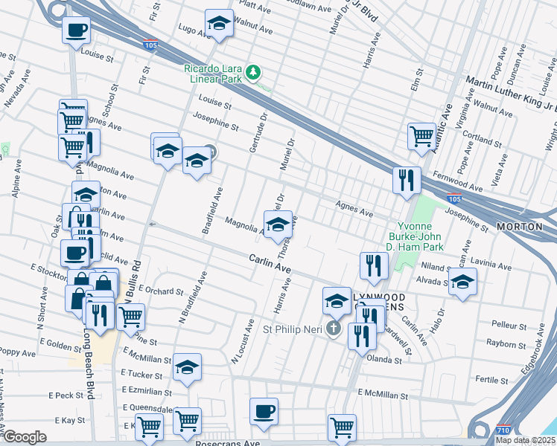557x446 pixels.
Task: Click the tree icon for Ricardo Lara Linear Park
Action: pyautogui.click(x=255, y=72)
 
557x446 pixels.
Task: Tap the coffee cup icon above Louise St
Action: pyautogui.click(x=77, y=30)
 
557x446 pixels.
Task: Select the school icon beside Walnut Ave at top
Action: pyautogui.click(x=218, y=25)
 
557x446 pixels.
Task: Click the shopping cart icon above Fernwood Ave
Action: pyautogui.click(x=421, y=136)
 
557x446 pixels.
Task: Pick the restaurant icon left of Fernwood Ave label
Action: pyautogui.click(x=407, y=179)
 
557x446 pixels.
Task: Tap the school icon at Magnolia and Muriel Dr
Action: pyautogui.click(x=278, y=224)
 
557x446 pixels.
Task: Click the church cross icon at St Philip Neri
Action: pyautogui.click(x=334, y=328)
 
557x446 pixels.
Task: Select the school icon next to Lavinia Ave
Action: pyautogui.click(x=462, y=281)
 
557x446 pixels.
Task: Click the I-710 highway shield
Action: pyautogui.click(x=503, y=430)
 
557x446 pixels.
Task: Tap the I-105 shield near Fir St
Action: pyautogui.click(x=150, y=44)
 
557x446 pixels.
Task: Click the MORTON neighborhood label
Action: pyautogui.click(x=519, y=226)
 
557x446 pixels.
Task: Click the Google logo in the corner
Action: pyautogui.click(x=25, y=437)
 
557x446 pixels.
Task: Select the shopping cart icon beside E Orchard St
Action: pyautogui.click(x=130, y=316)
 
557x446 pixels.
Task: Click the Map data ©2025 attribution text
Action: pyautogui.click(x=525, y=440)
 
